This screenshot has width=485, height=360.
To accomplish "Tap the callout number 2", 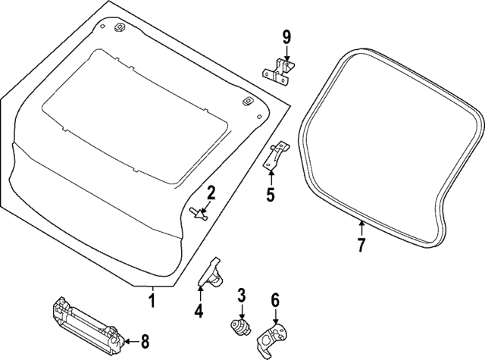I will click(x=211, y=193).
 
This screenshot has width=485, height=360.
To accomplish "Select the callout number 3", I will click(x=241, y=295).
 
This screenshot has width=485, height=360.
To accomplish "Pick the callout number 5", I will click(x=271, y=196).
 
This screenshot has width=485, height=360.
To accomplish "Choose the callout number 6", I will click(x=275, y=300).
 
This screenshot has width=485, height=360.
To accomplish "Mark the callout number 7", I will click(x=361, y=245).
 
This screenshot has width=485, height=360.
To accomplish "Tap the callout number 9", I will click(x=286, y=37).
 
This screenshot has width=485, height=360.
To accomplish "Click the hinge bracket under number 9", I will click(x=278, y=70).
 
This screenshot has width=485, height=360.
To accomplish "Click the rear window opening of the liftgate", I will click(x=136, y=114).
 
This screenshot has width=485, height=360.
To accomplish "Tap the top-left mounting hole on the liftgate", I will click(x=119, y=28).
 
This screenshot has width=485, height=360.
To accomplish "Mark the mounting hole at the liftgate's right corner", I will click(x=246, y=102).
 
